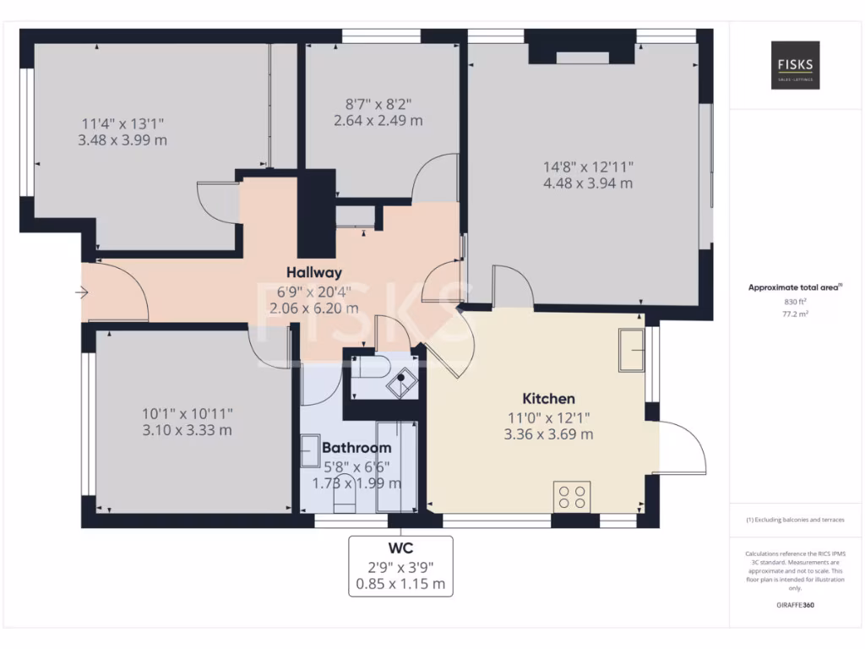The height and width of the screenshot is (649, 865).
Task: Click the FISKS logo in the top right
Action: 795,66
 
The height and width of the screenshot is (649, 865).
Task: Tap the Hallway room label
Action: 313,272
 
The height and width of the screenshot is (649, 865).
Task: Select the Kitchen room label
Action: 548,398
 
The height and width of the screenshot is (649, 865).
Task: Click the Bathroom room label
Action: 356,447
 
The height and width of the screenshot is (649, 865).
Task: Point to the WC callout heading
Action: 400,547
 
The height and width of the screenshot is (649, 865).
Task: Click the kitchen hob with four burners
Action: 572,496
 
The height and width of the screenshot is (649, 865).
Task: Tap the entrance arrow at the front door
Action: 82,292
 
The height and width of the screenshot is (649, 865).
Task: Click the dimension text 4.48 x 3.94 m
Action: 588,183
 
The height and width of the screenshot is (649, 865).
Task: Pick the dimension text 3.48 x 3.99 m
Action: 122,140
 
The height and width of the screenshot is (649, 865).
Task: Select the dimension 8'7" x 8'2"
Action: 378,104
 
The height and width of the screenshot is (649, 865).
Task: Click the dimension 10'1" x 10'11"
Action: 188,413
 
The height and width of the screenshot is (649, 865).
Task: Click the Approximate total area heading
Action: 795,287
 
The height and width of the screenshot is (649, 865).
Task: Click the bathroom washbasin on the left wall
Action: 310,447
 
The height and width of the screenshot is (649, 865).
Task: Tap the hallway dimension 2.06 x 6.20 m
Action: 313,308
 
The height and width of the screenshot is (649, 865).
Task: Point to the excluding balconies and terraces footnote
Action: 795,520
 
